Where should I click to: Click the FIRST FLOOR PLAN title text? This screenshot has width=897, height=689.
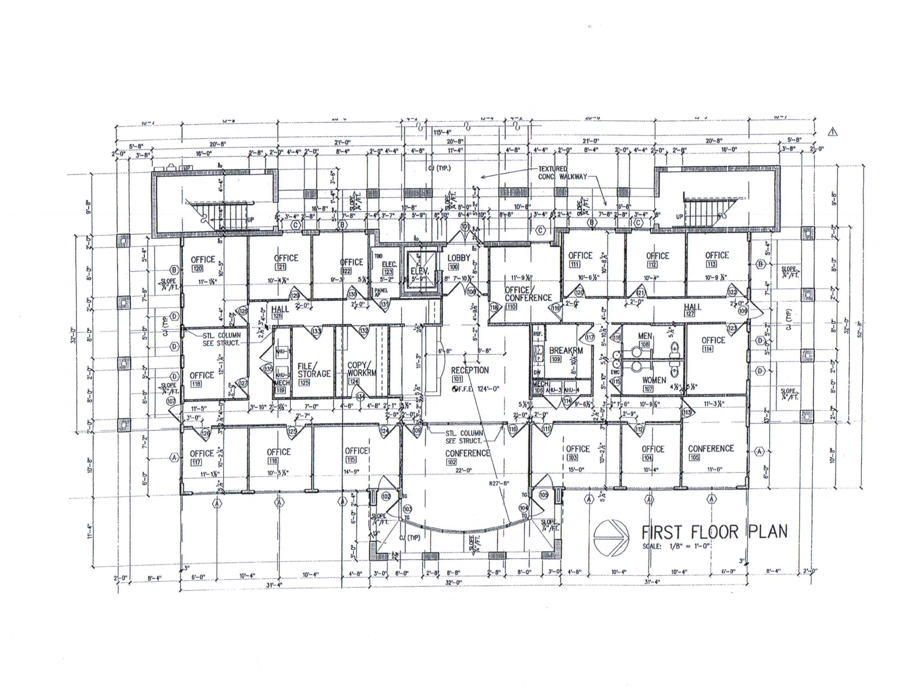(x=713, y=532)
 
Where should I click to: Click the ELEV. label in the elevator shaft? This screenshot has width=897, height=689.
(x=419, y=271)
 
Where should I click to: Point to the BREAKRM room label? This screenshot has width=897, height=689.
(x=566, y=351)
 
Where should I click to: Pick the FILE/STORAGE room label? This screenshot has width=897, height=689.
(x=314, y=370)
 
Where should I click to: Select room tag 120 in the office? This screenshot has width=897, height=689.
(x=197, y=268)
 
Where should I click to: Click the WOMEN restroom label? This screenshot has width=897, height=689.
(x=654, y=380)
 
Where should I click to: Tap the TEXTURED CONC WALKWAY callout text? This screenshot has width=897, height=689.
(x=562, y=173)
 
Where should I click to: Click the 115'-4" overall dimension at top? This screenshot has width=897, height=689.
(x=443, y=132)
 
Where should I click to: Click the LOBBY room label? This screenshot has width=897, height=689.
(x=458, y=258)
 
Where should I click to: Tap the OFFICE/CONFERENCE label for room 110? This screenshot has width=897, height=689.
(x=528, y=294)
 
